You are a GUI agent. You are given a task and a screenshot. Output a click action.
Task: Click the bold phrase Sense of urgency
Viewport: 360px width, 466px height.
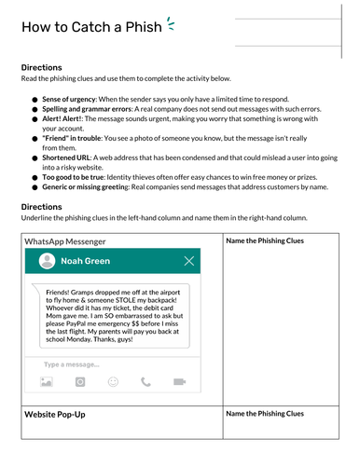pyautogui.click(x=73, y=98)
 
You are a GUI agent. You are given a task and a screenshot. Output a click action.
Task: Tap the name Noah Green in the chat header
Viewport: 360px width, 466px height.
pyautogui.click(x=85, y=262)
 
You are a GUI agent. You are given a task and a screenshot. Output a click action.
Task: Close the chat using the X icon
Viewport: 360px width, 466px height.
pyautogui.click(x=190, y=262)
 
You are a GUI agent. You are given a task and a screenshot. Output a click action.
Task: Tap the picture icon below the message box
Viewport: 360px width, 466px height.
pyautogui.click(x=45, y=381)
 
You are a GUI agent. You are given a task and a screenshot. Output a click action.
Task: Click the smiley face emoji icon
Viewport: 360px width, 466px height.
pyautogui.click(x=113, y=381)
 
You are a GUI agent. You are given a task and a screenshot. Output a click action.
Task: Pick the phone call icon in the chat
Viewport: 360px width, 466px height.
pyautogui.click(x=145, y=381)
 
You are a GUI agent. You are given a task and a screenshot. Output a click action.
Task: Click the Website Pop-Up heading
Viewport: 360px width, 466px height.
pyautogui.click(x=54, y=413)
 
